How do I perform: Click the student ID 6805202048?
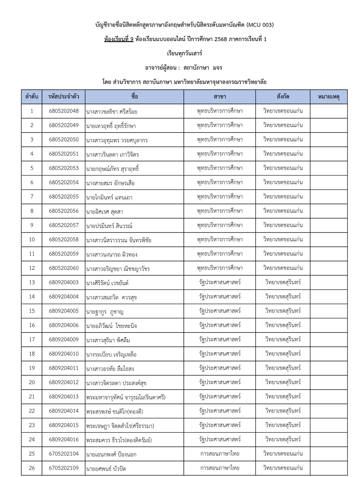[63, 111]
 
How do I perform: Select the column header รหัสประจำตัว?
[63, 97]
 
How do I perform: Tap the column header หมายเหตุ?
[329, 97]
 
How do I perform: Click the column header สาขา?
[220, 97]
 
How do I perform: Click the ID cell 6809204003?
[63, 282]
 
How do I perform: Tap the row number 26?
[32, 468]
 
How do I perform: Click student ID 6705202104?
[63, 454]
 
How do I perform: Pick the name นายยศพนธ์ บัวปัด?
[106, 469]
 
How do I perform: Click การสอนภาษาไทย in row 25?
[220, 454]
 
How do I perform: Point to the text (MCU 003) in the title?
[260, 25]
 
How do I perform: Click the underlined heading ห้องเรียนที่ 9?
[118, 39]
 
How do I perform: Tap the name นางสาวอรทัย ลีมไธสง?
[110, 369]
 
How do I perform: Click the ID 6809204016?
[63, 440]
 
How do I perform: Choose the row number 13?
[32, 282]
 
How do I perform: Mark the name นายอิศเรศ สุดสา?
[105, 212]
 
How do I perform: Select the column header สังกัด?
[283, 97]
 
